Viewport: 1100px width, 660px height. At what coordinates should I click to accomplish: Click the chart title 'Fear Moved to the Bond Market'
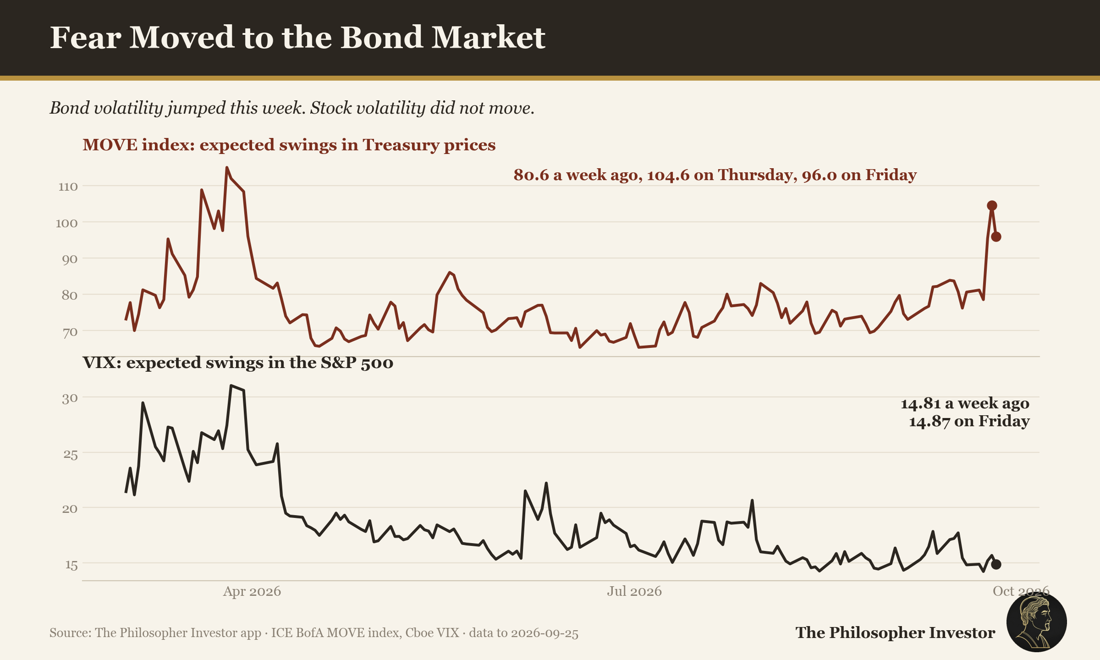click(297, 37)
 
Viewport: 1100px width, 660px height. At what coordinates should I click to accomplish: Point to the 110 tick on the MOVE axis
click(68, 187)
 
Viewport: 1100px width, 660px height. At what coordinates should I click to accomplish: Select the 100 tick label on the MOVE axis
click(67, 223)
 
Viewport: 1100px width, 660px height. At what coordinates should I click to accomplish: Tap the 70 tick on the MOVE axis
click(70, 332)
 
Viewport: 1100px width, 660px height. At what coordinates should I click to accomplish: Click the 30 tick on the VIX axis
click(70, 398)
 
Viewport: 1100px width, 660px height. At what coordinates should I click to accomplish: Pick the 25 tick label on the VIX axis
click(70, 454)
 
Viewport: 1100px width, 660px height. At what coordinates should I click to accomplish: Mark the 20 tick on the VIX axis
click(70, 509)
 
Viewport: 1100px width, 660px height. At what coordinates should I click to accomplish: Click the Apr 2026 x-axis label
click(252, 591)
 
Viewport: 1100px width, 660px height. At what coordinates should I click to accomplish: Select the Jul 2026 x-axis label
click(634, 591)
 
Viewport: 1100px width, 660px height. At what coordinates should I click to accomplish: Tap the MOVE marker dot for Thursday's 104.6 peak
click(992, 205)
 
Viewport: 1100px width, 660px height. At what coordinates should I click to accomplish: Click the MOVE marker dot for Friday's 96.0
click(996, 236)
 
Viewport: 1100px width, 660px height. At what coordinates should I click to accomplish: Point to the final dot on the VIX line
click(996, 564)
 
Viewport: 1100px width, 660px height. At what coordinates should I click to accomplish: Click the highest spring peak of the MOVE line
click(226, 168)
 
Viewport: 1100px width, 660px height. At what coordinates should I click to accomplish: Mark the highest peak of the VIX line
click(231, 386)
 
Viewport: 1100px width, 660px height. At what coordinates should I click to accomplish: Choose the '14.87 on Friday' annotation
click(969, 421)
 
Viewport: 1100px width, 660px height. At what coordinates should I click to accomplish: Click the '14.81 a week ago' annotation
click(965, 403)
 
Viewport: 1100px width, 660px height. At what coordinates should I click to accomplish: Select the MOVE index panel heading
click(289, 145)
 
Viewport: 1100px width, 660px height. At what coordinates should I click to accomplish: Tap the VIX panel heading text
click(238, 363)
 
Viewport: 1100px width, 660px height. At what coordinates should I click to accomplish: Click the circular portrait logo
click(1037, 622)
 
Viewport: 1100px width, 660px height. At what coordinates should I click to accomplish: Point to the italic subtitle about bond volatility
click(292, 108)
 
